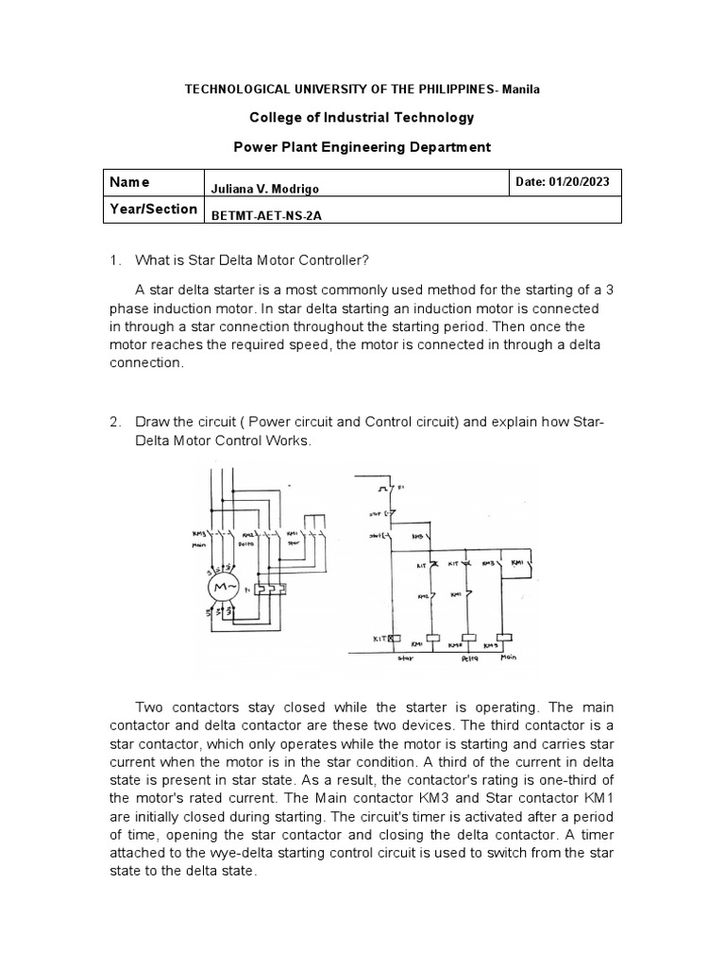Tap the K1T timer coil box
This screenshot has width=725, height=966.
(x=380, y=639)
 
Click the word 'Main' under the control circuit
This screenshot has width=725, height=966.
(x=510, y=659)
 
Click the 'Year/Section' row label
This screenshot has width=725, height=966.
(x=153, y=208)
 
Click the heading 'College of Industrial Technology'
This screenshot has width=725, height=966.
(x=362, y=118)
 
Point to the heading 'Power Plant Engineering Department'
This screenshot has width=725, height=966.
(x=362, y=147)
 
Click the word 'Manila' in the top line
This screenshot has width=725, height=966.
(x=519, y=89)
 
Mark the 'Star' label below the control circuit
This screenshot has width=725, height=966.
(x=406, y=659)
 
